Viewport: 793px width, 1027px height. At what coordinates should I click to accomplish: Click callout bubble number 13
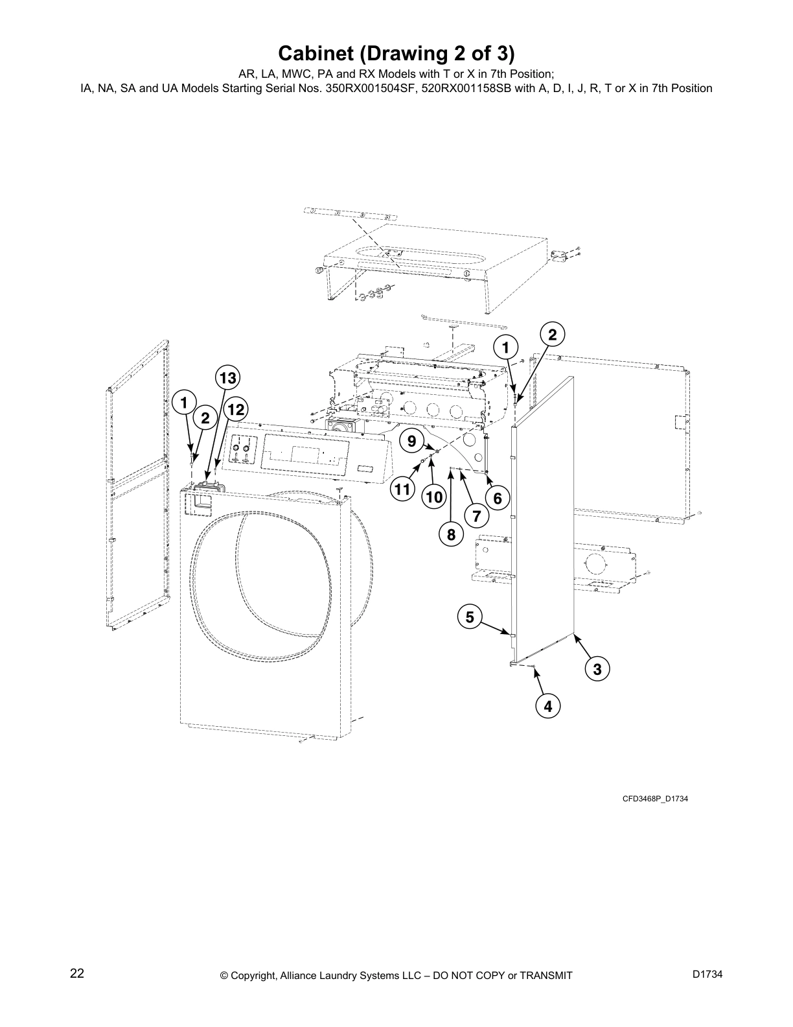227,377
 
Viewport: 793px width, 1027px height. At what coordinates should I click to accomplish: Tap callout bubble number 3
597,669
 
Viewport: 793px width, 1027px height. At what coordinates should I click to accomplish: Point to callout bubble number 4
548,706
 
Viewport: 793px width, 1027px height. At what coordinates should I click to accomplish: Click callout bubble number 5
470,617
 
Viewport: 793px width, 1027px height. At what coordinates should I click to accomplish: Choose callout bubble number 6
498,498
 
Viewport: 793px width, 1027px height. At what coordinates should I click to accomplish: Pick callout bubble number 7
476,517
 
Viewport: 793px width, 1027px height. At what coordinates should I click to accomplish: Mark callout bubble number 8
451,535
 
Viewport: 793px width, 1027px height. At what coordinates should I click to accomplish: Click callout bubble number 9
411,441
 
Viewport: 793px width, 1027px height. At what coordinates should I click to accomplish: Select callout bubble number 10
433,497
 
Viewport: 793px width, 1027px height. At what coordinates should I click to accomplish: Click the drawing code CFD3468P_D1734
655,799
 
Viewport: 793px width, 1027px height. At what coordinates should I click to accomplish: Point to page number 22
77,973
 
